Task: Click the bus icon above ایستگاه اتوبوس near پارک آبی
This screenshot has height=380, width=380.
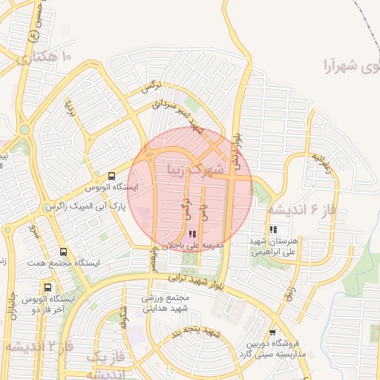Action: click(111, 176)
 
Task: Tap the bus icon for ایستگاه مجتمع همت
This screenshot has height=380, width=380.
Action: click(63, 252)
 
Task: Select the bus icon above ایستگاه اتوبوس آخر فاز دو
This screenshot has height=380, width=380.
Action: click(48, 286)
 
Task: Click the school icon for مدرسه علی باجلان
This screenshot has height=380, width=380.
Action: click(183, 233)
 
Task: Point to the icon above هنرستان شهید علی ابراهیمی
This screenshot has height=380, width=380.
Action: click(274, 229)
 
